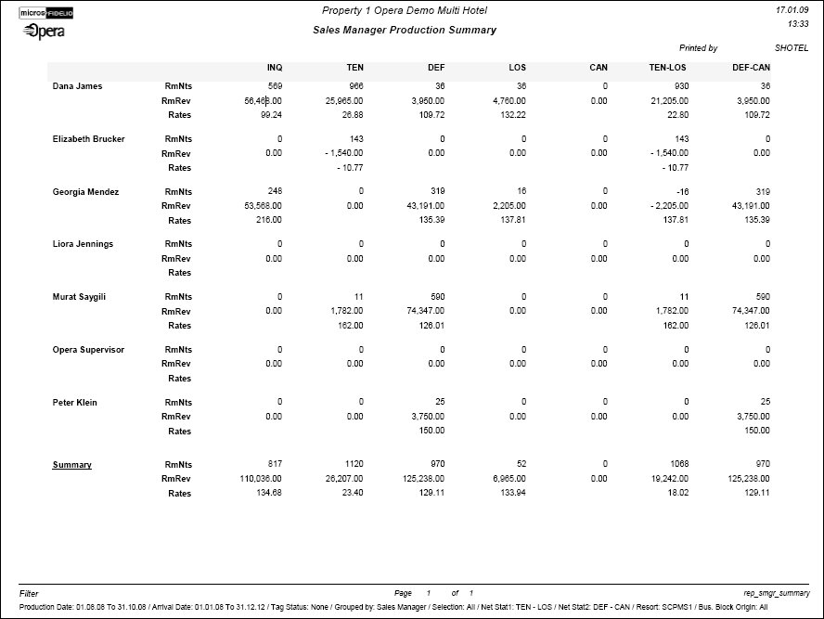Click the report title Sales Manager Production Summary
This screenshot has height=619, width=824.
pos(405,30)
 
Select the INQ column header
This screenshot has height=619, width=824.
pos(275,68)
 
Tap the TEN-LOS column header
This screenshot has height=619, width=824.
pos(668,68)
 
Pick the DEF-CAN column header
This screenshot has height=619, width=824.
pos(751,68)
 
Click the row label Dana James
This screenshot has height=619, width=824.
pos(78,86)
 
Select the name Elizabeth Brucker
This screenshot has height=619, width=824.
pos(88,139)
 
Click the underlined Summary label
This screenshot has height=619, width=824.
pos(71,465)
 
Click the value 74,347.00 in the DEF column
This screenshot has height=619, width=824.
pos(423,311)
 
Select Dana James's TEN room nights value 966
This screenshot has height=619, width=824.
pos(355,86)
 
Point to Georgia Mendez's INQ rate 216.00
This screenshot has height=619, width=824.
pos(268,221)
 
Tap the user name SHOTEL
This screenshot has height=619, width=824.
pos(791,47)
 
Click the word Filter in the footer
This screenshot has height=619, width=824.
pos(29,593)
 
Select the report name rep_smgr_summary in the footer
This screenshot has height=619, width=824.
pos(777,593)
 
